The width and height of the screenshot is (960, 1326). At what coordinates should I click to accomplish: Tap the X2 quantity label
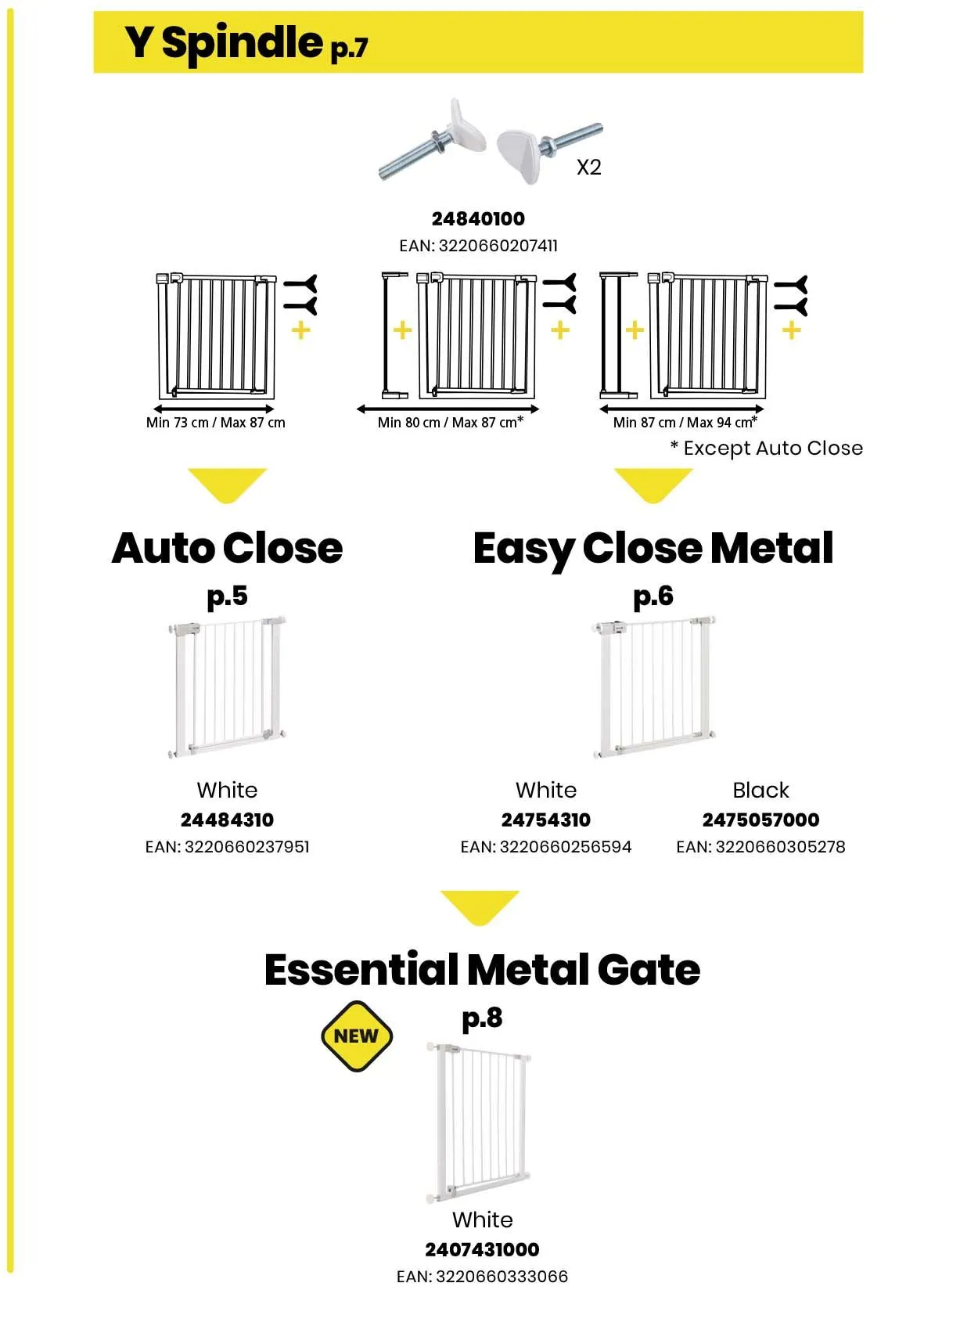[588, 167]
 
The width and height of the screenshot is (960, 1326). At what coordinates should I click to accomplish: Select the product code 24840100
[478, 218]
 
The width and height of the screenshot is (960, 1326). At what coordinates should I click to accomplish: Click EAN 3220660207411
[478, 246]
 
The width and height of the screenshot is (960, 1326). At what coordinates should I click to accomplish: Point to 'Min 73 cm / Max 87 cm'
[215, 423]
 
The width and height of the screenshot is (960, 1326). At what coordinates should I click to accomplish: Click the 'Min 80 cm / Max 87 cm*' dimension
[450, 423]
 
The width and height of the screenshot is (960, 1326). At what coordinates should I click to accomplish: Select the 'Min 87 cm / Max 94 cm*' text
[685, 423]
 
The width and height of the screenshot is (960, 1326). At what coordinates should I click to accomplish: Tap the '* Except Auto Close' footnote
[766, 449]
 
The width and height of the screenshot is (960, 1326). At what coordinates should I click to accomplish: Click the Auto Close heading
[227, 548]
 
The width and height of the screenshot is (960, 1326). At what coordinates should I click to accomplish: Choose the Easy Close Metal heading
[653, 548]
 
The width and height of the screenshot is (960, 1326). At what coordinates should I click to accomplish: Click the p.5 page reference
[227, 596]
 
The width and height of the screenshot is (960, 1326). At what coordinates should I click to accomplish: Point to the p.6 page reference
[653, 596]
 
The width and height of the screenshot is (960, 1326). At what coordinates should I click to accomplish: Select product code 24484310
[227, 820]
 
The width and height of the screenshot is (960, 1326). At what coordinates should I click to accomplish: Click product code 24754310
[545, 820]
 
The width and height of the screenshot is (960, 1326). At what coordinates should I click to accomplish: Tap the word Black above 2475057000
[760, 790]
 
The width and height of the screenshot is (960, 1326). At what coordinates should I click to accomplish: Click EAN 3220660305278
[760, 847]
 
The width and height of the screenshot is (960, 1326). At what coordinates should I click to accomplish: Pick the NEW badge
[357, 1036]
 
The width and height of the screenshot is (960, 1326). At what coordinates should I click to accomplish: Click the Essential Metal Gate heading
[482, 970]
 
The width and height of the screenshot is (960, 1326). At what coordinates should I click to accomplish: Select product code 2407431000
[482, 1249]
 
